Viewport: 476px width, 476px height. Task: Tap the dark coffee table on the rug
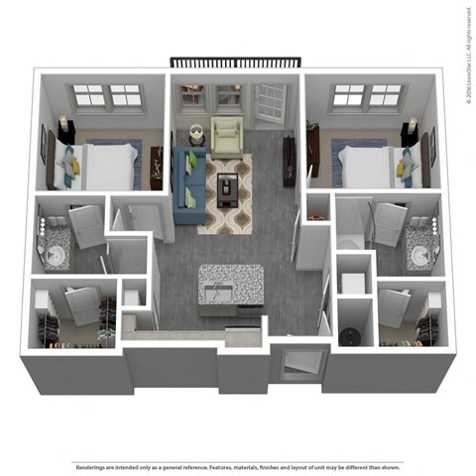pos(228,184)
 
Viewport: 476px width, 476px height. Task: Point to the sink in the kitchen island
pos(220,292)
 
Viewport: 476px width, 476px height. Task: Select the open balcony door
pos(267,104)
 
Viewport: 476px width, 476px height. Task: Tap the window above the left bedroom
pos(107,95)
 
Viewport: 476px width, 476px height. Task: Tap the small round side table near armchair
pos(197,130)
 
